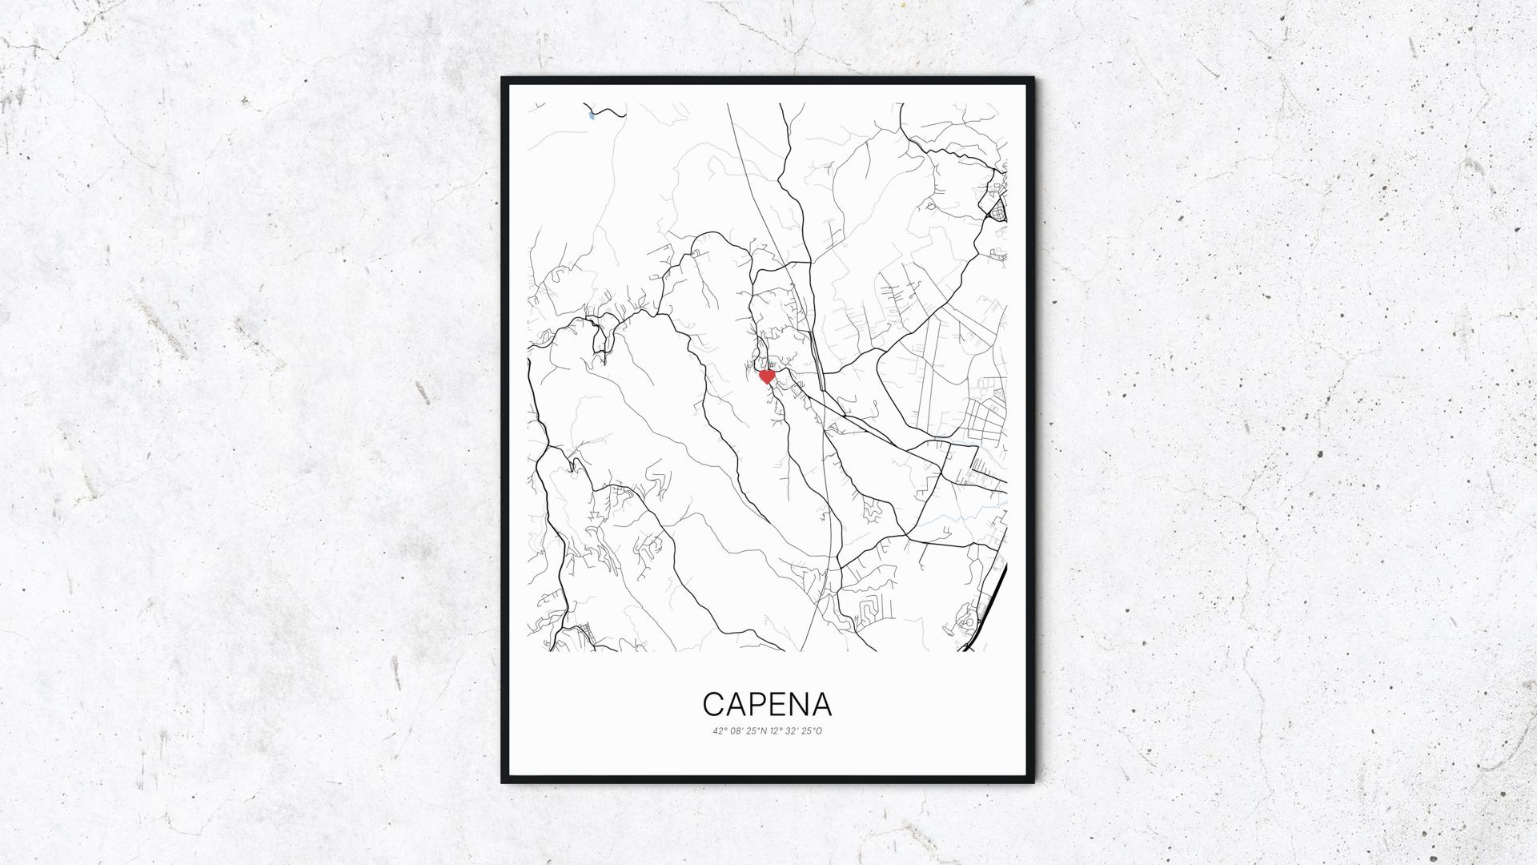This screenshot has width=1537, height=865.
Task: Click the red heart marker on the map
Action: pos(767,376)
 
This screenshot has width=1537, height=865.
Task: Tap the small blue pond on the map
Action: pos(592,116)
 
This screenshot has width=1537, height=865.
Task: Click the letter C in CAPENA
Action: pos(714,705)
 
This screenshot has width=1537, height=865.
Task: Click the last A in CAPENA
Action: pos(822,705)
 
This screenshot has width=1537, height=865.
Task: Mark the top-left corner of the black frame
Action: pos(504,79)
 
